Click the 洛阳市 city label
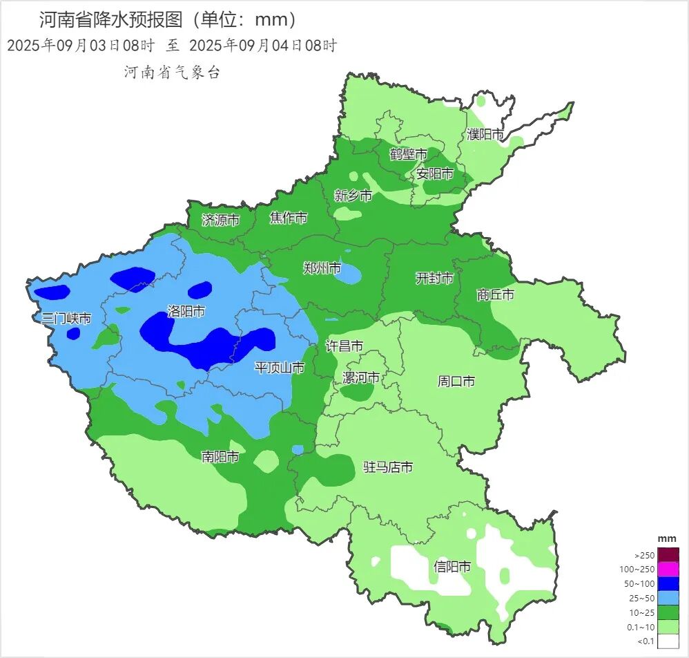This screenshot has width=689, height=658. (186, 312)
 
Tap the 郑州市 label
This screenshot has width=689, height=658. (322, 268)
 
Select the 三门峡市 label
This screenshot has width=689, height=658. (66, 319)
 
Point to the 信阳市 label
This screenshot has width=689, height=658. (452, 567)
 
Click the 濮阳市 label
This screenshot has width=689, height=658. (485, 134)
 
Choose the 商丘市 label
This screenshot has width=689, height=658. (496, 295)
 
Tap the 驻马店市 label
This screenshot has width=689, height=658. (388, 468)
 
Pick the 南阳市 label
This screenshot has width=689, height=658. (220, 457)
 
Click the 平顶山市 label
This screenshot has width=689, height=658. (280, 368)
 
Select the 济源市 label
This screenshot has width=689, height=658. (221, 220)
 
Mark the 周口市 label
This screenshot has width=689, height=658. (456, 382)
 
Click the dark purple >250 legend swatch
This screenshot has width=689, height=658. (668, 555)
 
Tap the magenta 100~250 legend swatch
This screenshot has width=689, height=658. (668, 570)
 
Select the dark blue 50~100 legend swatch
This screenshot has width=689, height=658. (668, 584)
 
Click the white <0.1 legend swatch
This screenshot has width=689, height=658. (668, 641)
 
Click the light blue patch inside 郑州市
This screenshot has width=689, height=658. (349, 274)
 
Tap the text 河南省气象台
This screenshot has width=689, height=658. (172, 72)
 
